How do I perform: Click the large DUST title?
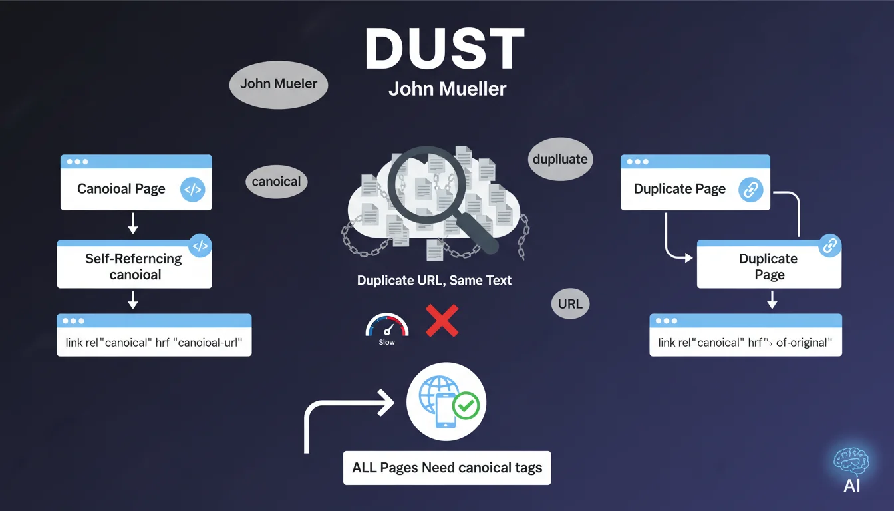click(x=445, y=51)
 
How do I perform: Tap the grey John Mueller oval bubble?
click(x=279, y=84)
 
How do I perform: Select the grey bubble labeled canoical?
click(x=277, y=181)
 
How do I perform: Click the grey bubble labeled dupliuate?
click(x=560, y=159)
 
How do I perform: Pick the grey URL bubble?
click(x=570, y=304)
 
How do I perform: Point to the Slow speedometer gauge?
click(x=386, y=327)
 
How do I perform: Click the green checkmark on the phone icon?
click(x=465, y=405)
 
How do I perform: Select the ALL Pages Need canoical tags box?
click(x=447, y=468)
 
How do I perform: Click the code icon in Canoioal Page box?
click(x=192, y=190)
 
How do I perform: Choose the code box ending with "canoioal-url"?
click(x=154, y=342)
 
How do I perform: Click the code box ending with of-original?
click(x=745, y=342)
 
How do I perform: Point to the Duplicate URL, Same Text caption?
click(x=434, y=280)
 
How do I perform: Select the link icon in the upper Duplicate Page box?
click(x=750, y=190)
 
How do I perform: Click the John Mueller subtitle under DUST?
click(x=447, y=89)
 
